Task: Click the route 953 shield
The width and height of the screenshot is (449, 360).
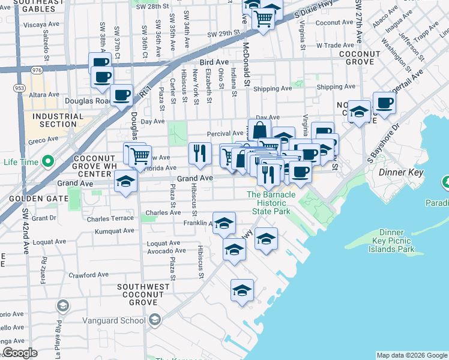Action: [19, 88]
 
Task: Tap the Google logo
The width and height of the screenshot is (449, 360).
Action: [20, 353]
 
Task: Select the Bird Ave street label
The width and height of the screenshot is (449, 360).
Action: [214, 61]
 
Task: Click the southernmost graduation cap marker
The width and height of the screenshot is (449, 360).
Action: [242, 291]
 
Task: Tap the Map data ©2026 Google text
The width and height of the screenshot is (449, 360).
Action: [411, 355]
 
